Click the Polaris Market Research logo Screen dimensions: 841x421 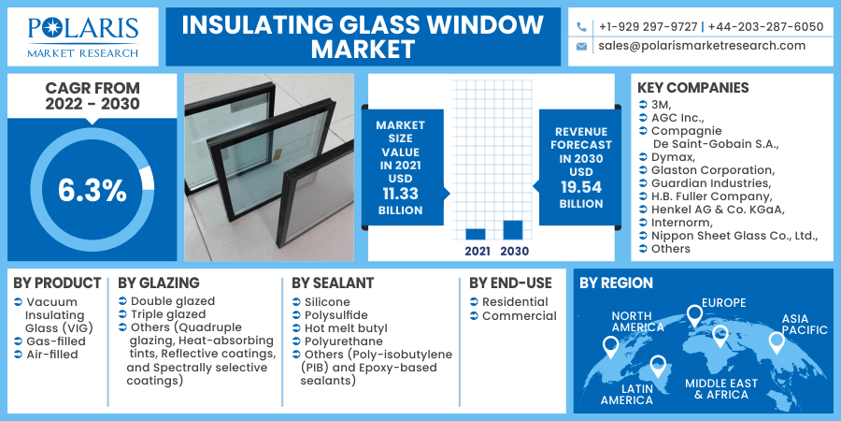click(x=83, y=36)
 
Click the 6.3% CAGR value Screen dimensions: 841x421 click(x=93, y=191)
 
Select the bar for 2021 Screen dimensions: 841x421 click(x=476, y=234)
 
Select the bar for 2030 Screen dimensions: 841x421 click(x=513, y=230)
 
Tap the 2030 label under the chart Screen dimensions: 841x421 click(x=514, y=252)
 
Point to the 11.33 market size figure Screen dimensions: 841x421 click(x=400, y=194)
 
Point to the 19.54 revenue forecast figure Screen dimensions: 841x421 click(x=581, y=187)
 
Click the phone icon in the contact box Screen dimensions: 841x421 click(x=581, y=27)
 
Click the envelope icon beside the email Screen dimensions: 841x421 click(x=581, y=47)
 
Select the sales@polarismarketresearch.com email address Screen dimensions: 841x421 click(x=702, y=46)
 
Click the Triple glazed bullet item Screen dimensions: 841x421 click(x=168, y=314)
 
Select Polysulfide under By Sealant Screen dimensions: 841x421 click(x=336, y=315)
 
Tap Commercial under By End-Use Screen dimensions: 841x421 click(x=520, y=316)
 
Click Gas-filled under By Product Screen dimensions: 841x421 click(x=56, y=341)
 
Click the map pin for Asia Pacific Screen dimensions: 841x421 click(x=777, y=342)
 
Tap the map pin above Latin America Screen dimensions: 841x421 click(x=658, y=367)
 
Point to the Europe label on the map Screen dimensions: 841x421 click(x=723, y=303)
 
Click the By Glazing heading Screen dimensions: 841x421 click(x=159, y=283)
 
